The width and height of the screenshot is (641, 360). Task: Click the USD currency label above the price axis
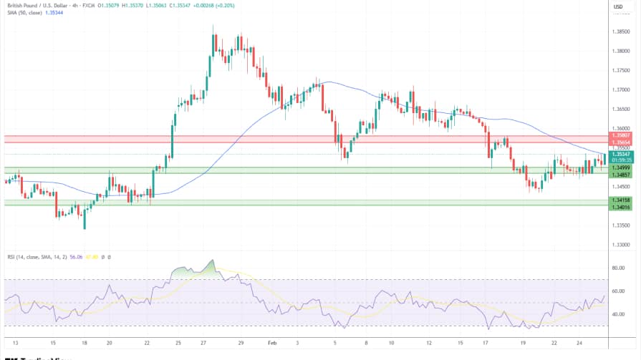point(620,6)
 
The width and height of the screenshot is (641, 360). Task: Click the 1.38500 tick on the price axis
point(620,32)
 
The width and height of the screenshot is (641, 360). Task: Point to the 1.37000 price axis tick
point(620,90)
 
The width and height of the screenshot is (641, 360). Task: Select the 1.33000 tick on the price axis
point(620,245)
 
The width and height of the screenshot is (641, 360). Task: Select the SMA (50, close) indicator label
point(22,13)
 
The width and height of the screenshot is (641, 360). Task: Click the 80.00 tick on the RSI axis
point(619,268)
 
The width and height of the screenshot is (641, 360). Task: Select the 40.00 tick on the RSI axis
point(619,314)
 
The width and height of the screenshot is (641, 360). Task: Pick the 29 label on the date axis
point(241,344)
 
